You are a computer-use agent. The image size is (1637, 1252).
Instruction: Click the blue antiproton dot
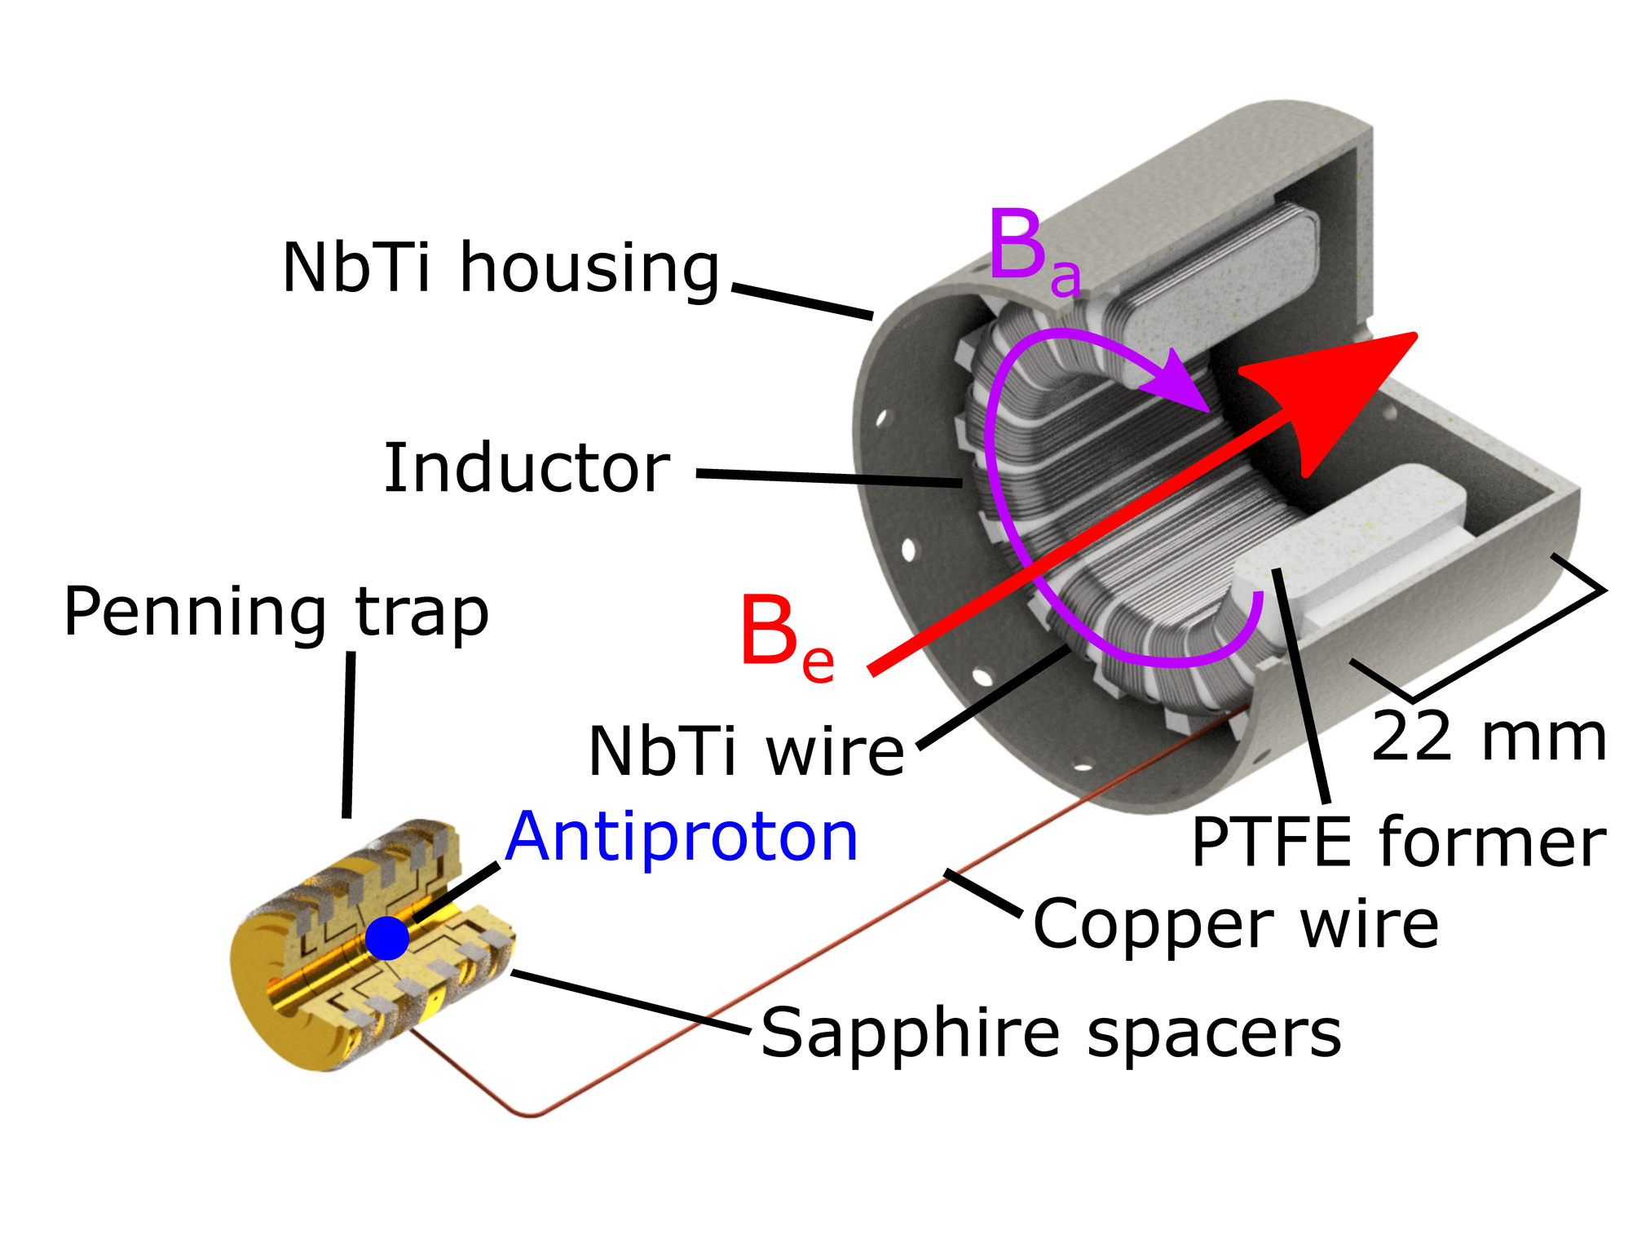click(x=386, y=938)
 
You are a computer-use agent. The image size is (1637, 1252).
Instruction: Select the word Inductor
click(x=526, y=468)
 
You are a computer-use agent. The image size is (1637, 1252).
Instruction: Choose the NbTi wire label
click(x=745, y=751)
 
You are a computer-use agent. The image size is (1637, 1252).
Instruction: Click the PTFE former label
click(x=1398, y=843)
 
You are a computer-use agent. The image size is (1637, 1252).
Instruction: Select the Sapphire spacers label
click(x=1050, y=1033)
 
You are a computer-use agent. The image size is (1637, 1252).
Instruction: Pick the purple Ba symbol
click(x=1034, y=249)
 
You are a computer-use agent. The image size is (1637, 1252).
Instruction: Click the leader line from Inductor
click(x=827, y=478)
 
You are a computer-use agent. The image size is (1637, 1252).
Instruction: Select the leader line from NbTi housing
click(x=802, y=301)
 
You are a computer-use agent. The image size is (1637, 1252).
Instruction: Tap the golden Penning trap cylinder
click(x=326, y=971)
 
